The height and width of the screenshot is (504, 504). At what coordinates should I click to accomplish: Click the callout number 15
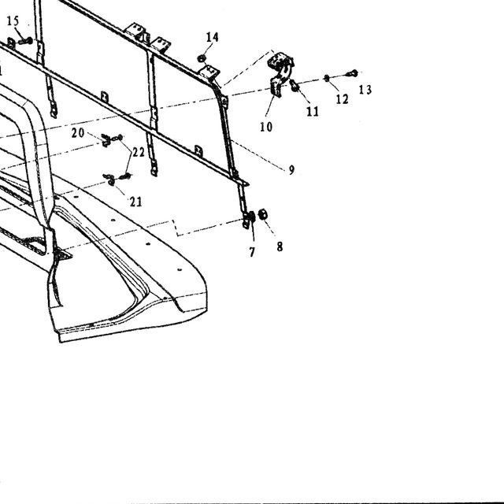(13, 21)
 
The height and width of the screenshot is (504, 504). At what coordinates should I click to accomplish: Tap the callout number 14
(212, 37)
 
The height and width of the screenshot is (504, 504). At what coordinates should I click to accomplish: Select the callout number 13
(365, 89)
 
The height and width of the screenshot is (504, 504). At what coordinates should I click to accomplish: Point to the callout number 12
(342, 99)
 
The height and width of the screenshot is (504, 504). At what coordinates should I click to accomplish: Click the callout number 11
(313, 111)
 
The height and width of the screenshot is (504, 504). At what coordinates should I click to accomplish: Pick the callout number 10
(266, 127)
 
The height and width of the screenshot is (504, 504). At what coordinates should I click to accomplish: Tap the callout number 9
(291, 170)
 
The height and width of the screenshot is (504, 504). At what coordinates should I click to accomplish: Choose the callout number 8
(280, 246)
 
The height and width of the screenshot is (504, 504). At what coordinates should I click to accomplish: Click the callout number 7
(252, 252)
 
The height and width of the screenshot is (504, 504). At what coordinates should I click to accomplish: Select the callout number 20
(78, 132)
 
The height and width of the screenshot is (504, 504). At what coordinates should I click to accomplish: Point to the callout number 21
(135, 202)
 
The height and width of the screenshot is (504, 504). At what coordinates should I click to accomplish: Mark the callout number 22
(139, 152)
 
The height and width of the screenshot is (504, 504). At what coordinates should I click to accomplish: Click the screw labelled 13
(353, 73)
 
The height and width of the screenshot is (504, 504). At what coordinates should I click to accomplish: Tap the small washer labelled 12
(327, 78)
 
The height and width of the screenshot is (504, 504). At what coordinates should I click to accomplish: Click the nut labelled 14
(202, 58)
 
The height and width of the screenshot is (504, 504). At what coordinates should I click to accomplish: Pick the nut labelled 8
(263, 213)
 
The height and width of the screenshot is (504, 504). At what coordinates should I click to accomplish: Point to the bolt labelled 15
(24, 41)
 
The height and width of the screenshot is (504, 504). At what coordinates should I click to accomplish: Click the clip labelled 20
(106, 140)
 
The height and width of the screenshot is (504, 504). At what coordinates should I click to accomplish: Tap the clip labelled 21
(109, 180)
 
